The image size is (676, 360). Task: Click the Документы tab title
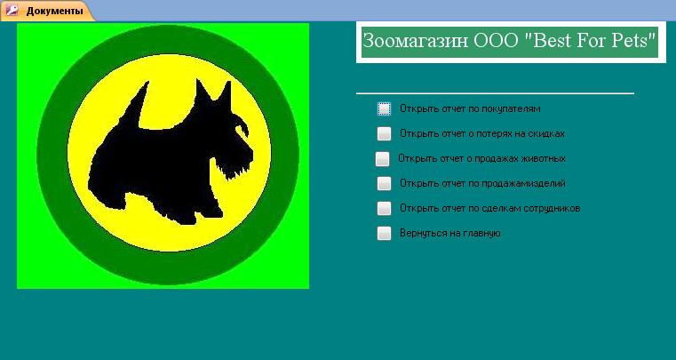[54, 11]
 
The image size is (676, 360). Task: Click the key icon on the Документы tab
[12, 11]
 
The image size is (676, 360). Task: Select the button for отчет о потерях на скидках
[384, 134]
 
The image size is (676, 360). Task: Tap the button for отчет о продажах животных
[382, 159]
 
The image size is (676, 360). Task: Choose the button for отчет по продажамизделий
[384, 183]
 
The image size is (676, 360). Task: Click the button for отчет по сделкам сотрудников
[384, 209]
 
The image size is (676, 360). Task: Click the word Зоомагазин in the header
[416, 41]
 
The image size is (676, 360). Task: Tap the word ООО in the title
[496, 41]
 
